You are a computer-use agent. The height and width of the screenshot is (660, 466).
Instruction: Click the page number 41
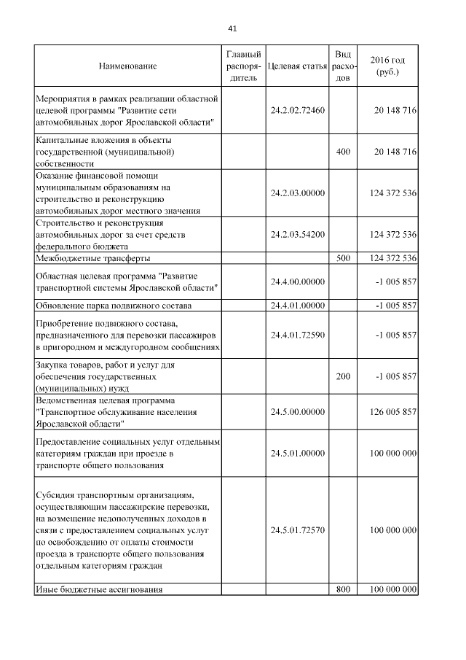pyautogui.click(x=232, y=28)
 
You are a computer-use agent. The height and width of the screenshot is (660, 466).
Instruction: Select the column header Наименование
pyautogui.click(x=127, y=66)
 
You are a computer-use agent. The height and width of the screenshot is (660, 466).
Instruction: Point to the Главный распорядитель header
pyautogui.click(x=242, y=66)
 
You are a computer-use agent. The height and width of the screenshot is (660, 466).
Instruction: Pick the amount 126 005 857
pyautogui.click(x=393, y=412)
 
